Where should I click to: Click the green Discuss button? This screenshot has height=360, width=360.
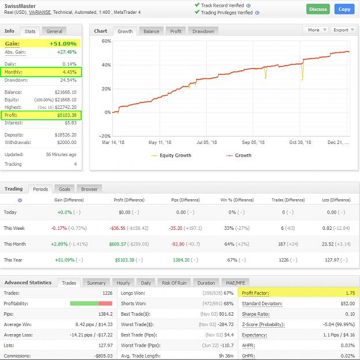click(318, 9)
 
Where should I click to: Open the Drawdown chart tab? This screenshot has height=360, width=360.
click(203, 31)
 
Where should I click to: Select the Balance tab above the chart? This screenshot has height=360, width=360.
click(151, 31)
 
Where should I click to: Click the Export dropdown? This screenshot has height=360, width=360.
click(343, 30)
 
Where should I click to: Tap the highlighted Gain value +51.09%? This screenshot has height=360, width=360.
click(63, 44)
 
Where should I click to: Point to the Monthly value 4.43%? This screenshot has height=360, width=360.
click(70, 72)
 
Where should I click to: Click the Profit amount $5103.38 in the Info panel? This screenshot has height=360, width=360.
click(67, 115)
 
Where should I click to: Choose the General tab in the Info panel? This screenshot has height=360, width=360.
click(54, 31)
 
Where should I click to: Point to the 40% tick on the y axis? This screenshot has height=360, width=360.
click(106, 65)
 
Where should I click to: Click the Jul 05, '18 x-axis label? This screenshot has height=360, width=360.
click(207, 142)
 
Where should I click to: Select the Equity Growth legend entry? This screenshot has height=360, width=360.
click(171, 156)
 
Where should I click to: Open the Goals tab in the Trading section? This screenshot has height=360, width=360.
click(65, 189)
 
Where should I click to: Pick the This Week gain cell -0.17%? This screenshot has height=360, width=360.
click(59, 228)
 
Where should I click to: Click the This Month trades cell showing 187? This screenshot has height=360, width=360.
click(282, 244)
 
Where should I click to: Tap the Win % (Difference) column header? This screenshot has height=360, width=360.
click(237, 200)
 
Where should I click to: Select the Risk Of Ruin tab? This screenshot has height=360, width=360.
click(175, 283)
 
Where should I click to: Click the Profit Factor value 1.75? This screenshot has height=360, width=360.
click(350, 293)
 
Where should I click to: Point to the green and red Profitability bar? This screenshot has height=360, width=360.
click(91, 304)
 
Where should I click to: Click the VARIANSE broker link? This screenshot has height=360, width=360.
click(40, 12)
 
